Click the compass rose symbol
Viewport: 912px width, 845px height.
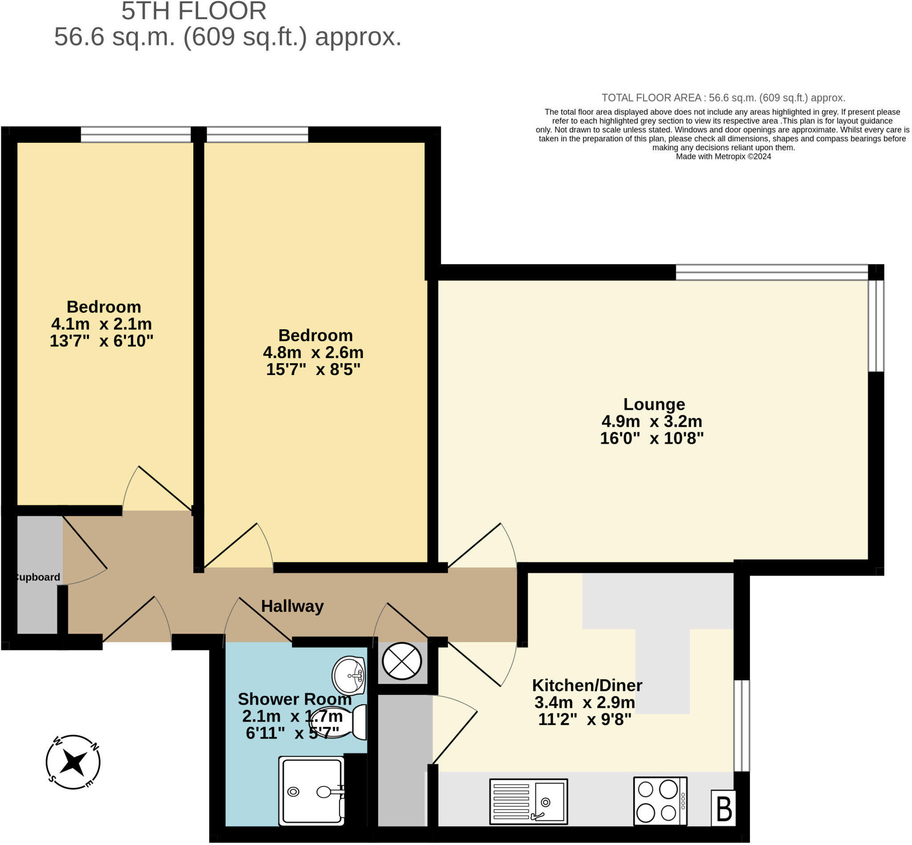[x=73, y=762]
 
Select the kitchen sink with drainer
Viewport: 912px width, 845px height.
[x=529, y=801]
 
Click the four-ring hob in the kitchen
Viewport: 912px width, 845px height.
[x=660, y=801]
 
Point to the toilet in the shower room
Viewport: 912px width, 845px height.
[x=339, y=722]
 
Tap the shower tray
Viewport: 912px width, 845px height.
[x=312, y=792]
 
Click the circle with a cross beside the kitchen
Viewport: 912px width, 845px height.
[x=402, y=661]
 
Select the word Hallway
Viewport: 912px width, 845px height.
[x=292, y=606]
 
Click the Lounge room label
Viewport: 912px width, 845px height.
[x=654, y=404]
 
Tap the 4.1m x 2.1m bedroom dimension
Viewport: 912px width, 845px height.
[x=102, y=324]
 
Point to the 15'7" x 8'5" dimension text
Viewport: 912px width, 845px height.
[x=313, y=369]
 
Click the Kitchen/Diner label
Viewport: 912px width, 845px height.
[x=587, y=686]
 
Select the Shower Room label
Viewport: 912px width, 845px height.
[x=295, y=699]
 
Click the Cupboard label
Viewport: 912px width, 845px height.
[x=37, y=577]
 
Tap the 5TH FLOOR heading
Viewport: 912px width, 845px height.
[x=194, y=11]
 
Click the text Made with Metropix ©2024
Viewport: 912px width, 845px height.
[x=723, y=156]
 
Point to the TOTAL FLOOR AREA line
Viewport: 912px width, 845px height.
[x=723, y=98]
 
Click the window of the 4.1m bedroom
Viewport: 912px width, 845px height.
[x=136, y=135]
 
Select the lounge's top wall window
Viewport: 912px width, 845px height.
[x=772, y=272]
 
